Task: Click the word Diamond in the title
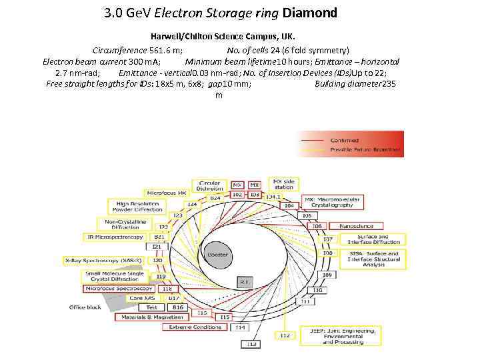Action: [x=310, y=13]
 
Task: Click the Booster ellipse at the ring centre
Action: [x=217, y=255]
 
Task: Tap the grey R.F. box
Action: [x=245, y=282]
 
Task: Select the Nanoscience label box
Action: [x=356, y=226]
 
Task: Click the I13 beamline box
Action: [x=252, y=344]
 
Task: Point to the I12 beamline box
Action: [x=285, y=335]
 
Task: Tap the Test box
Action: [x=153, y=307]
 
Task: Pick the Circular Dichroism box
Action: [x=209, y=186]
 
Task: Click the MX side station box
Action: [x=283, y=183]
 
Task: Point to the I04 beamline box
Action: [x=289, y=206]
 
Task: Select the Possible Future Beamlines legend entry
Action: [x=366, y=150]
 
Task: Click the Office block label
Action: [x=85, y=307]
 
